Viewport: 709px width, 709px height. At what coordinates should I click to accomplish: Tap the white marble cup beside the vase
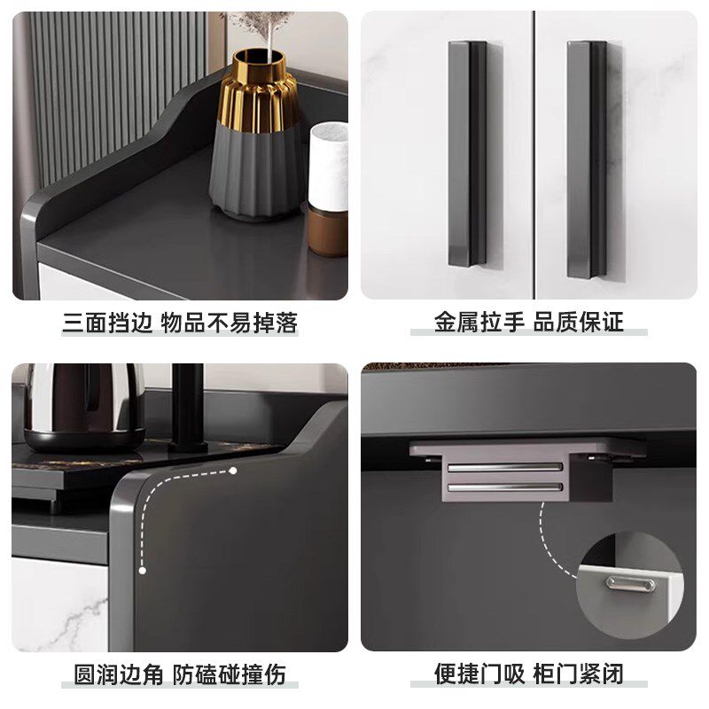pos(328,167)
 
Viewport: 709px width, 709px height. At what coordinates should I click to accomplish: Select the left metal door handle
pos(468,153)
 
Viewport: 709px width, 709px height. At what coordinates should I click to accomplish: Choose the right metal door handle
pos(587,160)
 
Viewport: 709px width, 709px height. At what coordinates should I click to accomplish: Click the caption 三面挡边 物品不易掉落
pos(180,323)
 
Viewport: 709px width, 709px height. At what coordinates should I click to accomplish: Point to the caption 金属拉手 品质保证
pos(528,323)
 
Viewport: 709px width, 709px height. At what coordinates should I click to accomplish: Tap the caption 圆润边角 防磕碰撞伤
pos(180,674)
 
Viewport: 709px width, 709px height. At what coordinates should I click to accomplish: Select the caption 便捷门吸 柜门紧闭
pos(528,674)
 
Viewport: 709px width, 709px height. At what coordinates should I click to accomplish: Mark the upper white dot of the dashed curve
pos(233,471)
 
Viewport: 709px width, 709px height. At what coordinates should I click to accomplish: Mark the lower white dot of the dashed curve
pos(143,571)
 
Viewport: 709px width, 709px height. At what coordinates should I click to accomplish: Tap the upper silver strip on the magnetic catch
pos(505,467)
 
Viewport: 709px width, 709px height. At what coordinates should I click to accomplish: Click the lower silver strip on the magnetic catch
pos(505,487)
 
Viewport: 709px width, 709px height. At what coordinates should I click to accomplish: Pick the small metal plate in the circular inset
pos(630,584)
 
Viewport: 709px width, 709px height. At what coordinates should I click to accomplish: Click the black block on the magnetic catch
pos(590,480)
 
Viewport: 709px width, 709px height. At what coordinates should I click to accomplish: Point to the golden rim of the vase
pos(260,58)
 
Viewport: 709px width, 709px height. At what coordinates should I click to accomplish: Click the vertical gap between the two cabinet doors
pos(534,154)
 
